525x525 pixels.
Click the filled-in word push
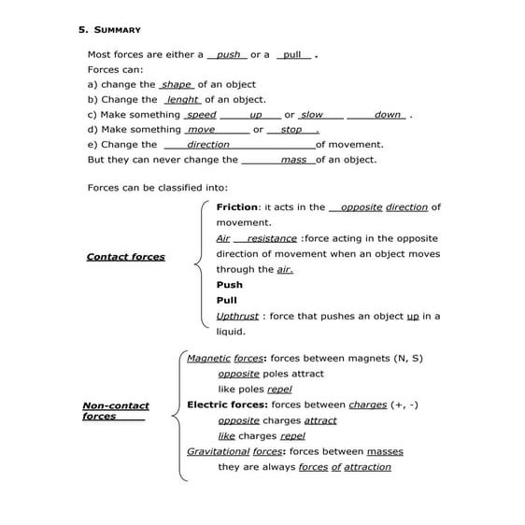(228, 55)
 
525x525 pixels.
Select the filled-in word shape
(177, 85)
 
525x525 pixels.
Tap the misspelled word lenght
(182, 100)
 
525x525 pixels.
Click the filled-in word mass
(293, 160)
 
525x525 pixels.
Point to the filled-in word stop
(291, 130)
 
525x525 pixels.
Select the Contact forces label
(125, 257)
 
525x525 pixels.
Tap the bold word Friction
(237, 207)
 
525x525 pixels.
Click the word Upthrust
(237, 316)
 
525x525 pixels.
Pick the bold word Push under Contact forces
(229, 285)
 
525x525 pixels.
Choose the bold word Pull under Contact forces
(227, 300)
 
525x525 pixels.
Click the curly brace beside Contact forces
(199, 266)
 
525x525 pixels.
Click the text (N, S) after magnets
(404, 358)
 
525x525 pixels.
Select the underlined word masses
(385, 451)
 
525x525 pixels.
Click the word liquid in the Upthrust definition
(231, 332)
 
